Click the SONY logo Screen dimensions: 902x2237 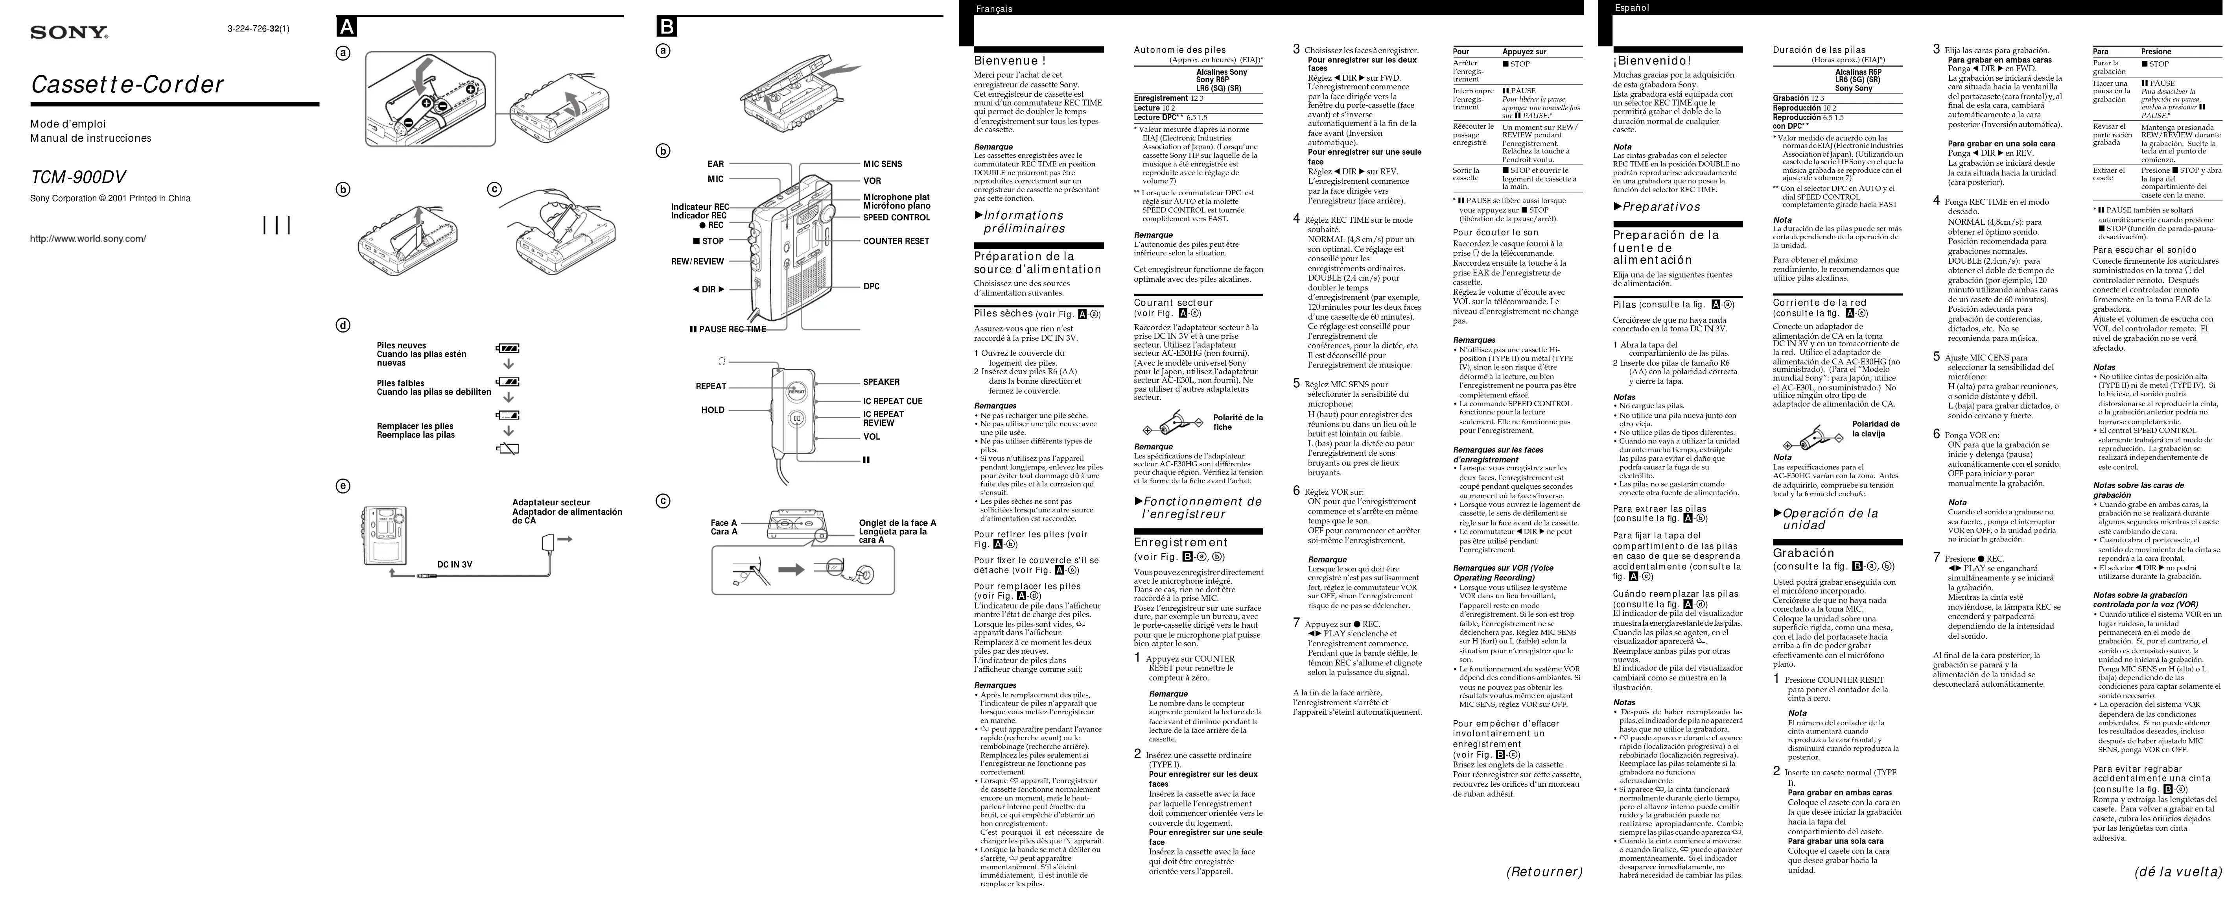70,33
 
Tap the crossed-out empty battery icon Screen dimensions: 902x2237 508,448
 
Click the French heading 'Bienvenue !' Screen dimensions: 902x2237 1010,61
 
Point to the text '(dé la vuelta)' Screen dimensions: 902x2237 2179,872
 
